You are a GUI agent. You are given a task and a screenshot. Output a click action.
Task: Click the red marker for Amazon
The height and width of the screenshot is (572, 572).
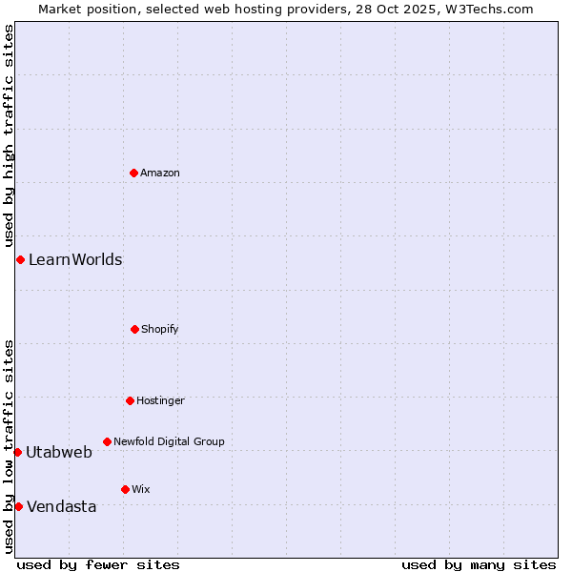pos(133,173)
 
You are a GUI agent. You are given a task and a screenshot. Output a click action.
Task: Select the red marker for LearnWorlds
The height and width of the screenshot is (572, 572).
pos(20,259)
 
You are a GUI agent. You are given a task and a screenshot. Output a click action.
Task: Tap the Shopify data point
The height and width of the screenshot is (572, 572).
pos(134,329)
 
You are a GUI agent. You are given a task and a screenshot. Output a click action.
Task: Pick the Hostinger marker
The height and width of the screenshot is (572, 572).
pos(130,400)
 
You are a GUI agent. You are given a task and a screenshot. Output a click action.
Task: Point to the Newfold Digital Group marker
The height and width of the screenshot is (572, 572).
pos(107,441)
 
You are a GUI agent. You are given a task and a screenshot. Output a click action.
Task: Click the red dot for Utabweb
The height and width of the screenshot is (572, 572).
pos(17,452)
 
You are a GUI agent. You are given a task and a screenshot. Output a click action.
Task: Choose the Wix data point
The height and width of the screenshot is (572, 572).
pos(125,489)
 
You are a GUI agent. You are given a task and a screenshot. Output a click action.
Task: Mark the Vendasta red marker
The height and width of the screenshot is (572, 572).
pos(18,506)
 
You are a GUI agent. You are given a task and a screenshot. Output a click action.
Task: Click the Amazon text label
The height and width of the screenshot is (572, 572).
pos(160,173)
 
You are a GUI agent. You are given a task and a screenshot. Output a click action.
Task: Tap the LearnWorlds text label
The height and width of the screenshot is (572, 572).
pos(75,259)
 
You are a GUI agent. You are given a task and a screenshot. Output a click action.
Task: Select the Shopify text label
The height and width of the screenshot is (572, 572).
pos(160,329)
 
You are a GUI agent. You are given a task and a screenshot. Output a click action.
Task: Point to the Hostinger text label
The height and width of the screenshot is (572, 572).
pos(160,400)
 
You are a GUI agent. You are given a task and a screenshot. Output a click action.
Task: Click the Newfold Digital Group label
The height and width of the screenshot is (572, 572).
pos(169,441)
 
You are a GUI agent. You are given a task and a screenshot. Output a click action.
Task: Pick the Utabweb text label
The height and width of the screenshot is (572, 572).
pos(59,452)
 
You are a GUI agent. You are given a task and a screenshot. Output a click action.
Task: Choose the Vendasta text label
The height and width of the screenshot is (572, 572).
pos(62,506)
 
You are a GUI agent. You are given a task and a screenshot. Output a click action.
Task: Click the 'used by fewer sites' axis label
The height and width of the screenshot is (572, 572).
pos(98,564)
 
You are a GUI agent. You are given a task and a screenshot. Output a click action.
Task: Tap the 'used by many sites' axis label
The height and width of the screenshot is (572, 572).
pos(479,564)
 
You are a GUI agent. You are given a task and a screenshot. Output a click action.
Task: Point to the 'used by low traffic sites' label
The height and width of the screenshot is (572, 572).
pos(9,445)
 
